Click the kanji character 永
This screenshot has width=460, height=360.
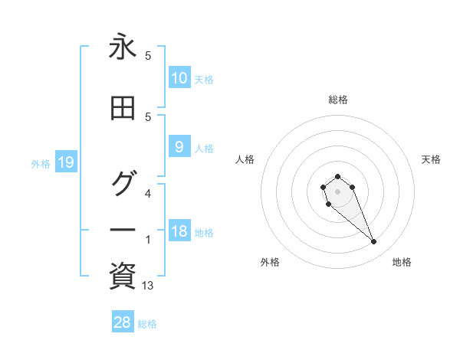(123, 48)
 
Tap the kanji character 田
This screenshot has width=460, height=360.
(123, 110)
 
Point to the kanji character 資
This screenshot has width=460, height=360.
(123, 276)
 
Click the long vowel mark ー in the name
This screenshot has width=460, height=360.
(123, 230)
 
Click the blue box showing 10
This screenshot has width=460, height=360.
(179, 78)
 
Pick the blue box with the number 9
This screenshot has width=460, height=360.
(179, 147)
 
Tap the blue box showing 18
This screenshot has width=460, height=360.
(179, 232)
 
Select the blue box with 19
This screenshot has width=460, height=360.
(65, 162)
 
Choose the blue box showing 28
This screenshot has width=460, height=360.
(123, 322)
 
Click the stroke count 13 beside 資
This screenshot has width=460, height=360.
(148, 286)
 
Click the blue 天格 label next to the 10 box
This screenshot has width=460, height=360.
(203, 79)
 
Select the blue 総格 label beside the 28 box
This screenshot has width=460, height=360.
(147, 324)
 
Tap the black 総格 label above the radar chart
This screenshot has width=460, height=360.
(337, 100)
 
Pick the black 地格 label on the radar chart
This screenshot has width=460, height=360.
(402, 262)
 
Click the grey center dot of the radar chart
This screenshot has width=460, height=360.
(337, 191)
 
